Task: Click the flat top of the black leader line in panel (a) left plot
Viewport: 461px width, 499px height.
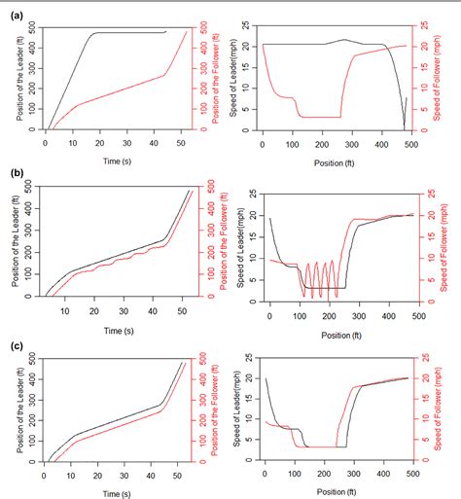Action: click(x=126, y=33)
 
